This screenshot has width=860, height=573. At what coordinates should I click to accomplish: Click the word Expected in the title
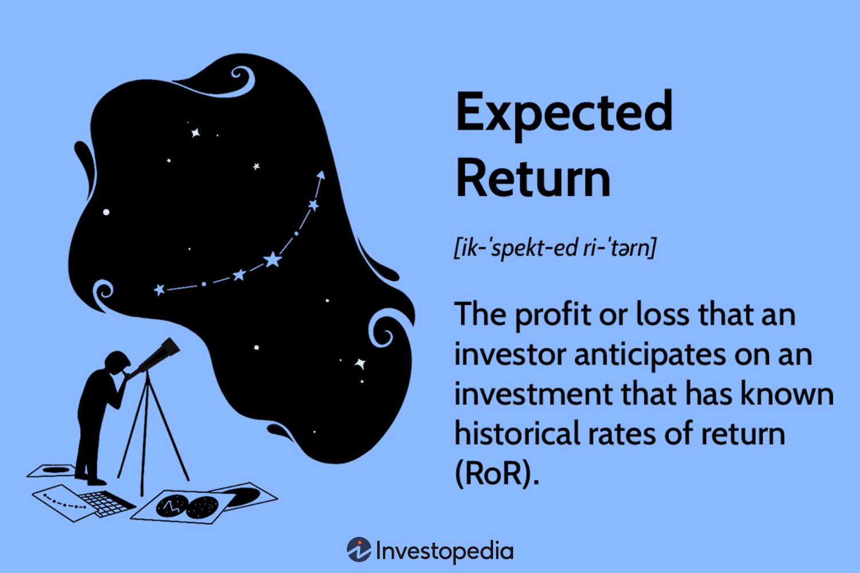click(564, 112)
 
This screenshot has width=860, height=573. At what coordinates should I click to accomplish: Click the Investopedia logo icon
click(359, 550)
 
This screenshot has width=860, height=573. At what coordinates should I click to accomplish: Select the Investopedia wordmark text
click(445, 551)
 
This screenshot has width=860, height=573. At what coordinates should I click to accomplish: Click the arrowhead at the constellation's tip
click(321, 174)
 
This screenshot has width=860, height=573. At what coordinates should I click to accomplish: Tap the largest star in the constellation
click(272, 260)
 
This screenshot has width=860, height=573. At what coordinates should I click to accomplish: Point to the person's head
click(117, 362)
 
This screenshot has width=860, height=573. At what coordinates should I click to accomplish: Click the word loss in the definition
click(662, 316)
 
